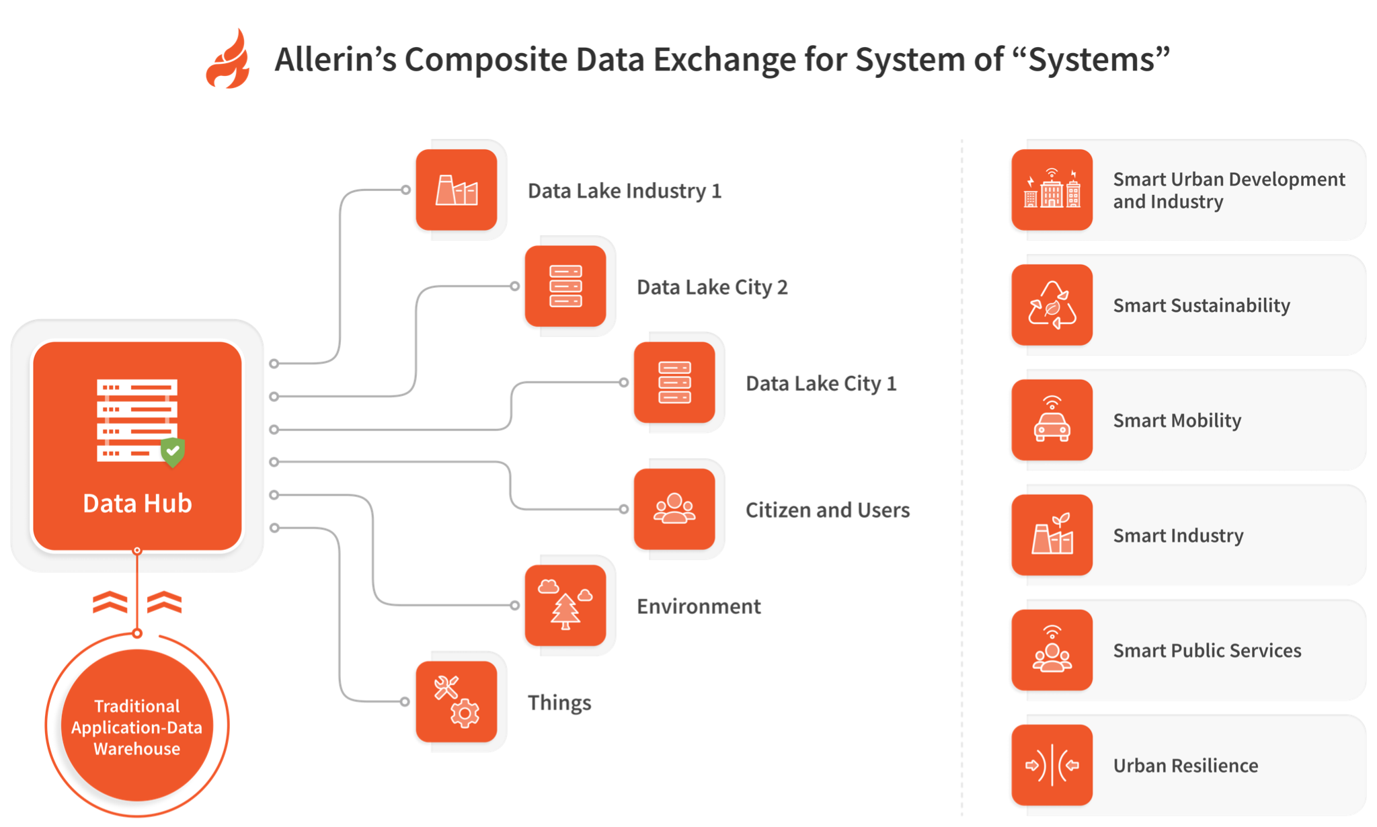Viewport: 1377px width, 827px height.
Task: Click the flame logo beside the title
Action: click(x=228, y=60)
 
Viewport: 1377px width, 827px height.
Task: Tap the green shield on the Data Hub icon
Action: click(x=173, y=451)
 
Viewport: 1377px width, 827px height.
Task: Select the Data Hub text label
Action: click(x=137, y=503)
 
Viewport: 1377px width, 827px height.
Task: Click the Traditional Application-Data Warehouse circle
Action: click(x=137, y=726)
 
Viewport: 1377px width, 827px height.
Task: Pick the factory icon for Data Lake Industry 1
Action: click(x=457, y=190)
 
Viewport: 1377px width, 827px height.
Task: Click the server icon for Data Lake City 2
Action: click(x=565, y=286)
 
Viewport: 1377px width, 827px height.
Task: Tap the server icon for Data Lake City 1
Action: click(x=674, y=383)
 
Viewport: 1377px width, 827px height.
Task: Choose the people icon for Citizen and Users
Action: click(x=674, y=509)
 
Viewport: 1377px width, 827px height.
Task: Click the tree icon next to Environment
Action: click(x=565, y=605)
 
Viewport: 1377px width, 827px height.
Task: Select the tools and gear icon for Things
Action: click(x=457, y=702)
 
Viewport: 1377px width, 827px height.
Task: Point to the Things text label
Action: click(x=559, y=703)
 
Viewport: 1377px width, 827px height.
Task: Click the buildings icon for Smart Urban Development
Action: click(x=1052, y=190)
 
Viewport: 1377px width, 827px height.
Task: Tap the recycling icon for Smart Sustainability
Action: click(x=1052, y=305)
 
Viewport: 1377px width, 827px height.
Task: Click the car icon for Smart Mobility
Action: click(x=1052, y=420)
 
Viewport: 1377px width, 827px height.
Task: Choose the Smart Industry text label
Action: click(x=1178, y=535)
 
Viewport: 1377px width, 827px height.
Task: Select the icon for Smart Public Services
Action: click(x=1052, y=650)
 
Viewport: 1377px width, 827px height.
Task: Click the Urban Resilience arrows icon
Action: click(x=1052, y=765)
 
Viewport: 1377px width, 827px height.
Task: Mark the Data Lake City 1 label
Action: click(x=821, y=383)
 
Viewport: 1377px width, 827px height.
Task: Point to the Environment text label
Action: click(x=699, y=606)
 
